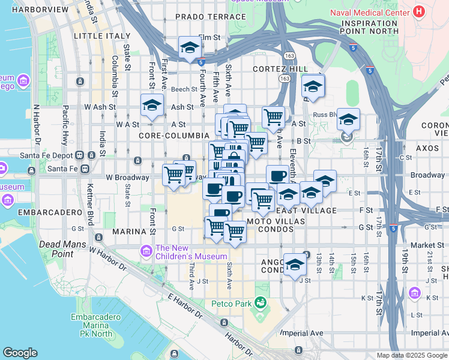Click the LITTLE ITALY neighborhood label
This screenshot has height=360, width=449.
(x=102, y=36)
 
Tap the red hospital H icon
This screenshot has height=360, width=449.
(x=419, y=11)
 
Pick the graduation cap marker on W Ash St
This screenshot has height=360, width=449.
(x=152, y=105)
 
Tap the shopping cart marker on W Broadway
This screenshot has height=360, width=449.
(x=173, y=175)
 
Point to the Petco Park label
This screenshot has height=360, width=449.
(x=232, y=304)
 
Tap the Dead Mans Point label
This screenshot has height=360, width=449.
(x=64, y=244)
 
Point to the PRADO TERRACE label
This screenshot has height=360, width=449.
(x=211, y=17)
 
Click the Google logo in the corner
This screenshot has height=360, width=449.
(x=20, y=353)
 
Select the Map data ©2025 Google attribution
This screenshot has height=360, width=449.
(x=412, y=355)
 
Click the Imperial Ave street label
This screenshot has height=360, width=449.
(x=303, y=333)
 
